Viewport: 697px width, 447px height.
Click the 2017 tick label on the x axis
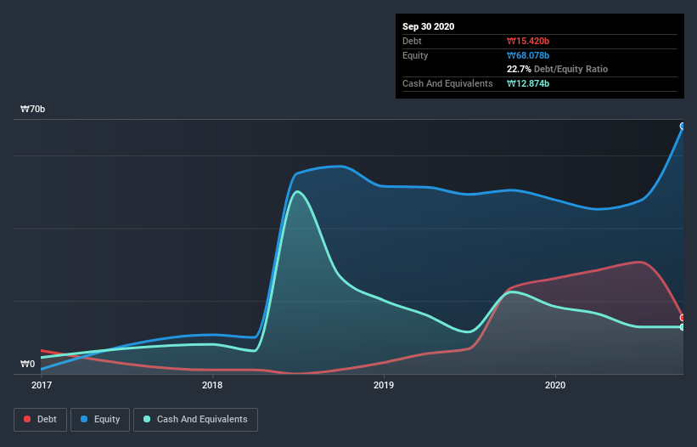(x=41, y=385)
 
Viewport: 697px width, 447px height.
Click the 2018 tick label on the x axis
(x=212, y=385)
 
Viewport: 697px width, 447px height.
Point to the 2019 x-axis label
(x=384, y=385)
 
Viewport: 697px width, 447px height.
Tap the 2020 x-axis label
(x=554, y=385)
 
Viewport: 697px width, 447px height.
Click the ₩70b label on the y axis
(x=33, y=110)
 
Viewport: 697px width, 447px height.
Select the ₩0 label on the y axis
(x=28, y=365)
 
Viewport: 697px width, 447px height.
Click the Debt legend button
(x=39, y=419)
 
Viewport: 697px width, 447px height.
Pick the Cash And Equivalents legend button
(x=195, y=419)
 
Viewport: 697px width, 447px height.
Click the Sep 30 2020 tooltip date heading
(x=428, y=26)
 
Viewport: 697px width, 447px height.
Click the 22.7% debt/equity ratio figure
(x=519, y=69)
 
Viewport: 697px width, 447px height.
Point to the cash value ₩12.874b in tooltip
(x=528, y=83)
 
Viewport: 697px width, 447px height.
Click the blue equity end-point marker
(x=683, y=126)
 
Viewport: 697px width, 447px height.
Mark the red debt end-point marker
(x=683, y=317)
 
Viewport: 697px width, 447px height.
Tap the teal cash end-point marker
(x=683, y=326)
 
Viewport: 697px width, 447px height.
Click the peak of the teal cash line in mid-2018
(x=295, y=191)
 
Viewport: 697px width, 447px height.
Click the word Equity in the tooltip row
(x=416, y=55)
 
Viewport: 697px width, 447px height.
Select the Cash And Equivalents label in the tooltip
(x=447, y=83)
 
